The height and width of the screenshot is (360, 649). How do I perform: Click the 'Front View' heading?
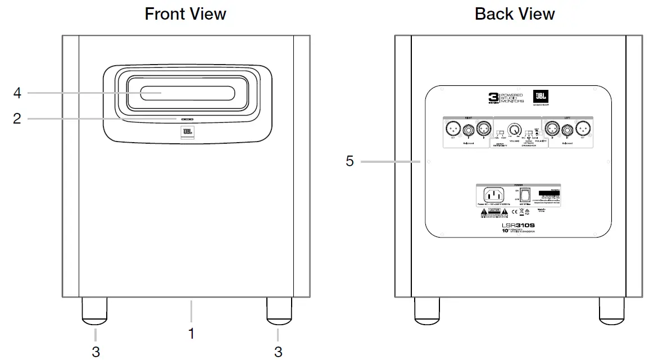pyautogui.click(x=185, y=13)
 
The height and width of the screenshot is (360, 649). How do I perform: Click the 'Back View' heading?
pyautogui.click(x=515, y=13)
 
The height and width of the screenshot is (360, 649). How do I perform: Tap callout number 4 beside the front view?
pyautogui.click(x=17, y=93)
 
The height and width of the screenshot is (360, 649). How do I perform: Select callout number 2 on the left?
pyautogui.click(x=17, y=119)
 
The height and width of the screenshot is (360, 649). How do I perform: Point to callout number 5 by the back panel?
pyautogui.click(x=350, y=162)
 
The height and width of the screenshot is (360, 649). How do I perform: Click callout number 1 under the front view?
pyautogui.click(x=191, y=334)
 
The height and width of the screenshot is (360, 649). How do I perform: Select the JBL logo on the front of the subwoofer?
pyautogui.click(x=187, y=133)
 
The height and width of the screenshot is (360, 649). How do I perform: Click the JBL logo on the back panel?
pyautogui.click(x=541, y=97)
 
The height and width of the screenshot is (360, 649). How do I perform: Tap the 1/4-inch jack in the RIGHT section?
pyautogui.click(x=466, y=131)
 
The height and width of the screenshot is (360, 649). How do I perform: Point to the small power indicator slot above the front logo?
pyautogui.click(x=187, y=119)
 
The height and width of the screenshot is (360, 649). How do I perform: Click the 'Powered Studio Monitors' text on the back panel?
pyautogui.click(x=512, y=98)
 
